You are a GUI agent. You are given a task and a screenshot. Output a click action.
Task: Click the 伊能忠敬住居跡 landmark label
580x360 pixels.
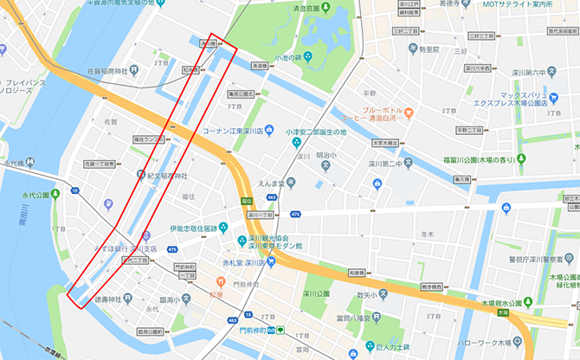[x=197, y=229]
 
